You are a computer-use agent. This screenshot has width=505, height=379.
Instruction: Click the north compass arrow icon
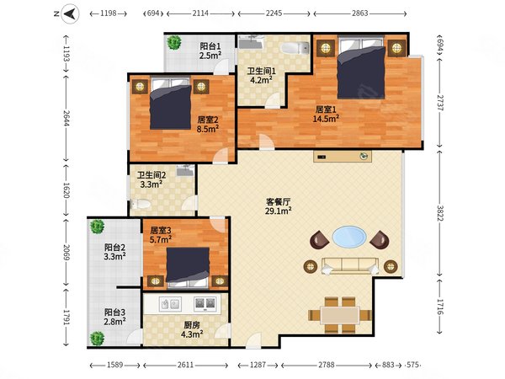tap(70, 13)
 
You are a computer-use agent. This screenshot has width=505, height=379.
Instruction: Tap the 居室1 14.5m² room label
tap(326, 114)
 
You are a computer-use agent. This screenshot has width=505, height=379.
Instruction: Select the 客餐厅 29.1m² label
tap(279, 206)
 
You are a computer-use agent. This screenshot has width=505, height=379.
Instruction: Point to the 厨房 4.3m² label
tap(192, 329)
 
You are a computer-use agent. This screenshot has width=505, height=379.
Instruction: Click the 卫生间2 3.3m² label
tap(151, 180)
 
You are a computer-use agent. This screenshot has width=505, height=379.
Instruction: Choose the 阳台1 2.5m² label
tap(210, 51)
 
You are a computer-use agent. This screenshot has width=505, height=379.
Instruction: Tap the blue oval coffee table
tap(349, 237)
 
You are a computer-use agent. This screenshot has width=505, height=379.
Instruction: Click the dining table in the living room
tap(340, 315)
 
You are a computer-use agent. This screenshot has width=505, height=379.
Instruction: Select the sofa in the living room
tap(350, 266)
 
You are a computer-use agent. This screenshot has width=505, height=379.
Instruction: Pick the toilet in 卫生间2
tap(141, 204)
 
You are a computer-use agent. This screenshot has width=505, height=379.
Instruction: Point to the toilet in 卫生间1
tap(295, 48)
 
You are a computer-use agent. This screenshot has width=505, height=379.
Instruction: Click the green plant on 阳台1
tap(174, 42)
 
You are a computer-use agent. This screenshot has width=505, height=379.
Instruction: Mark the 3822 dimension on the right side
tap(440, 213)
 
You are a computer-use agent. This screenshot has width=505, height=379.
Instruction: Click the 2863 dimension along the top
tap(359, 13)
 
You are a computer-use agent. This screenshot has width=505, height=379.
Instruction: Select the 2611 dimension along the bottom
tap(185, 365)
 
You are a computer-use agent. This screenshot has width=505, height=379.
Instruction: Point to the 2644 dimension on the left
tap(66, 118)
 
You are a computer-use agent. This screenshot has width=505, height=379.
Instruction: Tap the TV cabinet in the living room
tap(343, 157)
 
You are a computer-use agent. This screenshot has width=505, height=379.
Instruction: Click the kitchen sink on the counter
tap(169, 304)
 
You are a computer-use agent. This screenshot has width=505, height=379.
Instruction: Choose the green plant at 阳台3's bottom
tap(97, 339)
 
